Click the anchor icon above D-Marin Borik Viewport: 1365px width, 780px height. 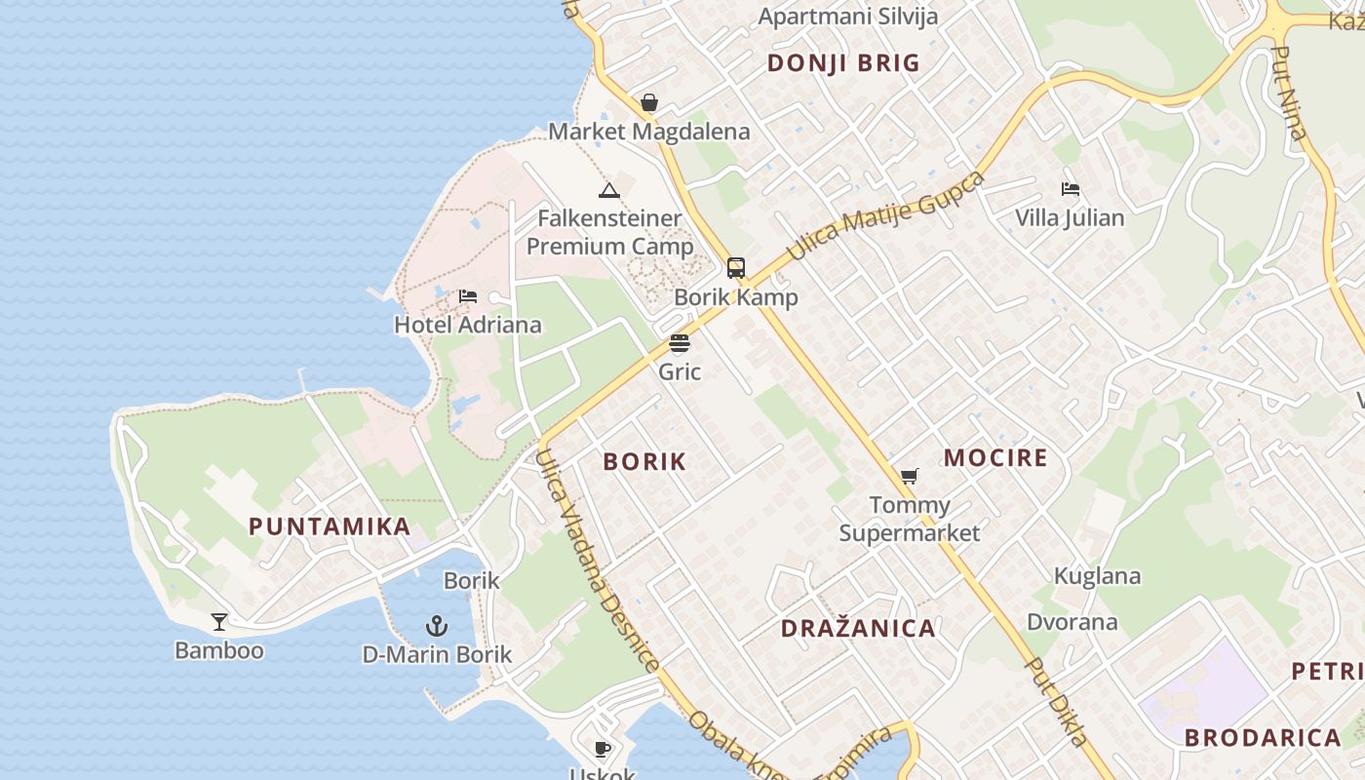tap(437, 626)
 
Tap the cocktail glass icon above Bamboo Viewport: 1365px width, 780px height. tap(219, 622)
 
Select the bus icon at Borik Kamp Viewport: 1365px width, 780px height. tap(736, 268)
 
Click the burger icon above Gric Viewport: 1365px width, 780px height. tap(680, 343)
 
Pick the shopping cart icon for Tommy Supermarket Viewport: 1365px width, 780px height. tap(909, 477)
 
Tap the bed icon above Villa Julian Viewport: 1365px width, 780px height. tap(1070, 189)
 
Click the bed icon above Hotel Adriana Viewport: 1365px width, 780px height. tap(468, 296)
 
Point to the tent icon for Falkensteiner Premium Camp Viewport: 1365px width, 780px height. tap(609, 190)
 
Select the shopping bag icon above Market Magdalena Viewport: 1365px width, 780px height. tap(649, 102)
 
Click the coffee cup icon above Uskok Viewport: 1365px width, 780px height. tap(603, 749)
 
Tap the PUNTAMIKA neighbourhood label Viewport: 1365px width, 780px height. tap(330, 527)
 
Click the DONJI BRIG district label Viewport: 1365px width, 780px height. tap(843, 63)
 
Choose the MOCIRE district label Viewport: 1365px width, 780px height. tap(995, 458)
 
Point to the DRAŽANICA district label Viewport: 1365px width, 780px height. tap(858, 629)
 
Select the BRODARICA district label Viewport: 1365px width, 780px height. tap(1263, 738)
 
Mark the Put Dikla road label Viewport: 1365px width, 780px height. tap(1057, 702)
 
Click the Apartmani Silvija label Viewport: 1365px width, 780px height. tap(847, 17)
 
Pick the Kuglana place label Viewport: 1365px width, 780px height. tap(1097, 576)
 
